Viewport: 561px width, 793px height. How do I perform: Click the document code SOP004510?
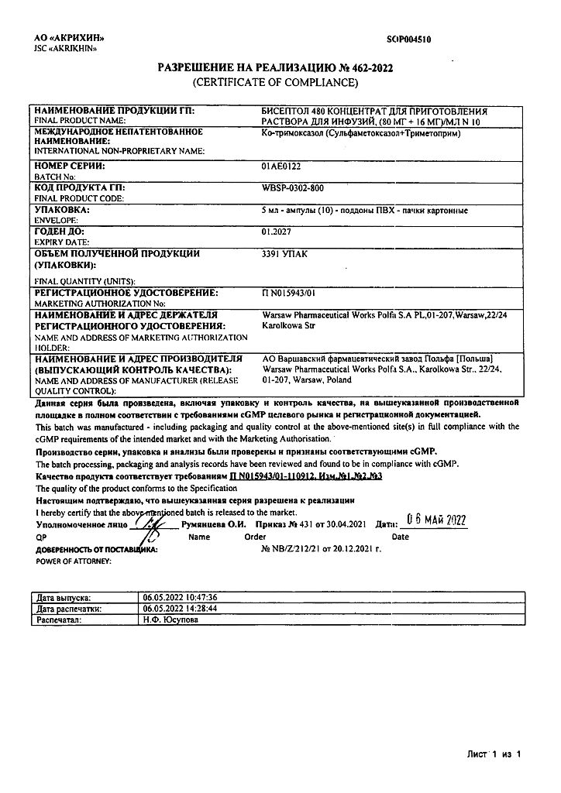click(408, 38)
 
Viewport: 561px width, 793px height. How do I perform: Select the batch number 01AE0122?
click(282, 166)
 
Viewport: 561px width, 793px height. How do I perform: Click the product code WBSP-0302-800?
click(294, 188)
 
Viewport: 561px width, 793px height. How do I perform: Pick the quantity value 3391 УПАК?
click(284, 252)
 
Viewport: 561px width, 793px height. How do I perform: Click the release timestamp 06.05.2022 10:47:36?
click(181, 599)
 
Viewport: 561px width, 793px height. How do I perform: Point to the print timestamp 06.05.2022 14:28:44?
click(181, 609)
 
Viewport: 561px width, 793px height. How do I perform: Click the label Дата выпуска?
click(64, 599)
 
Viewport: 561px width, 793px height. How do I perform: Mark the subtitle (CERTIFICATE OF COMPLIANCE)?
click(275, 81)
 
